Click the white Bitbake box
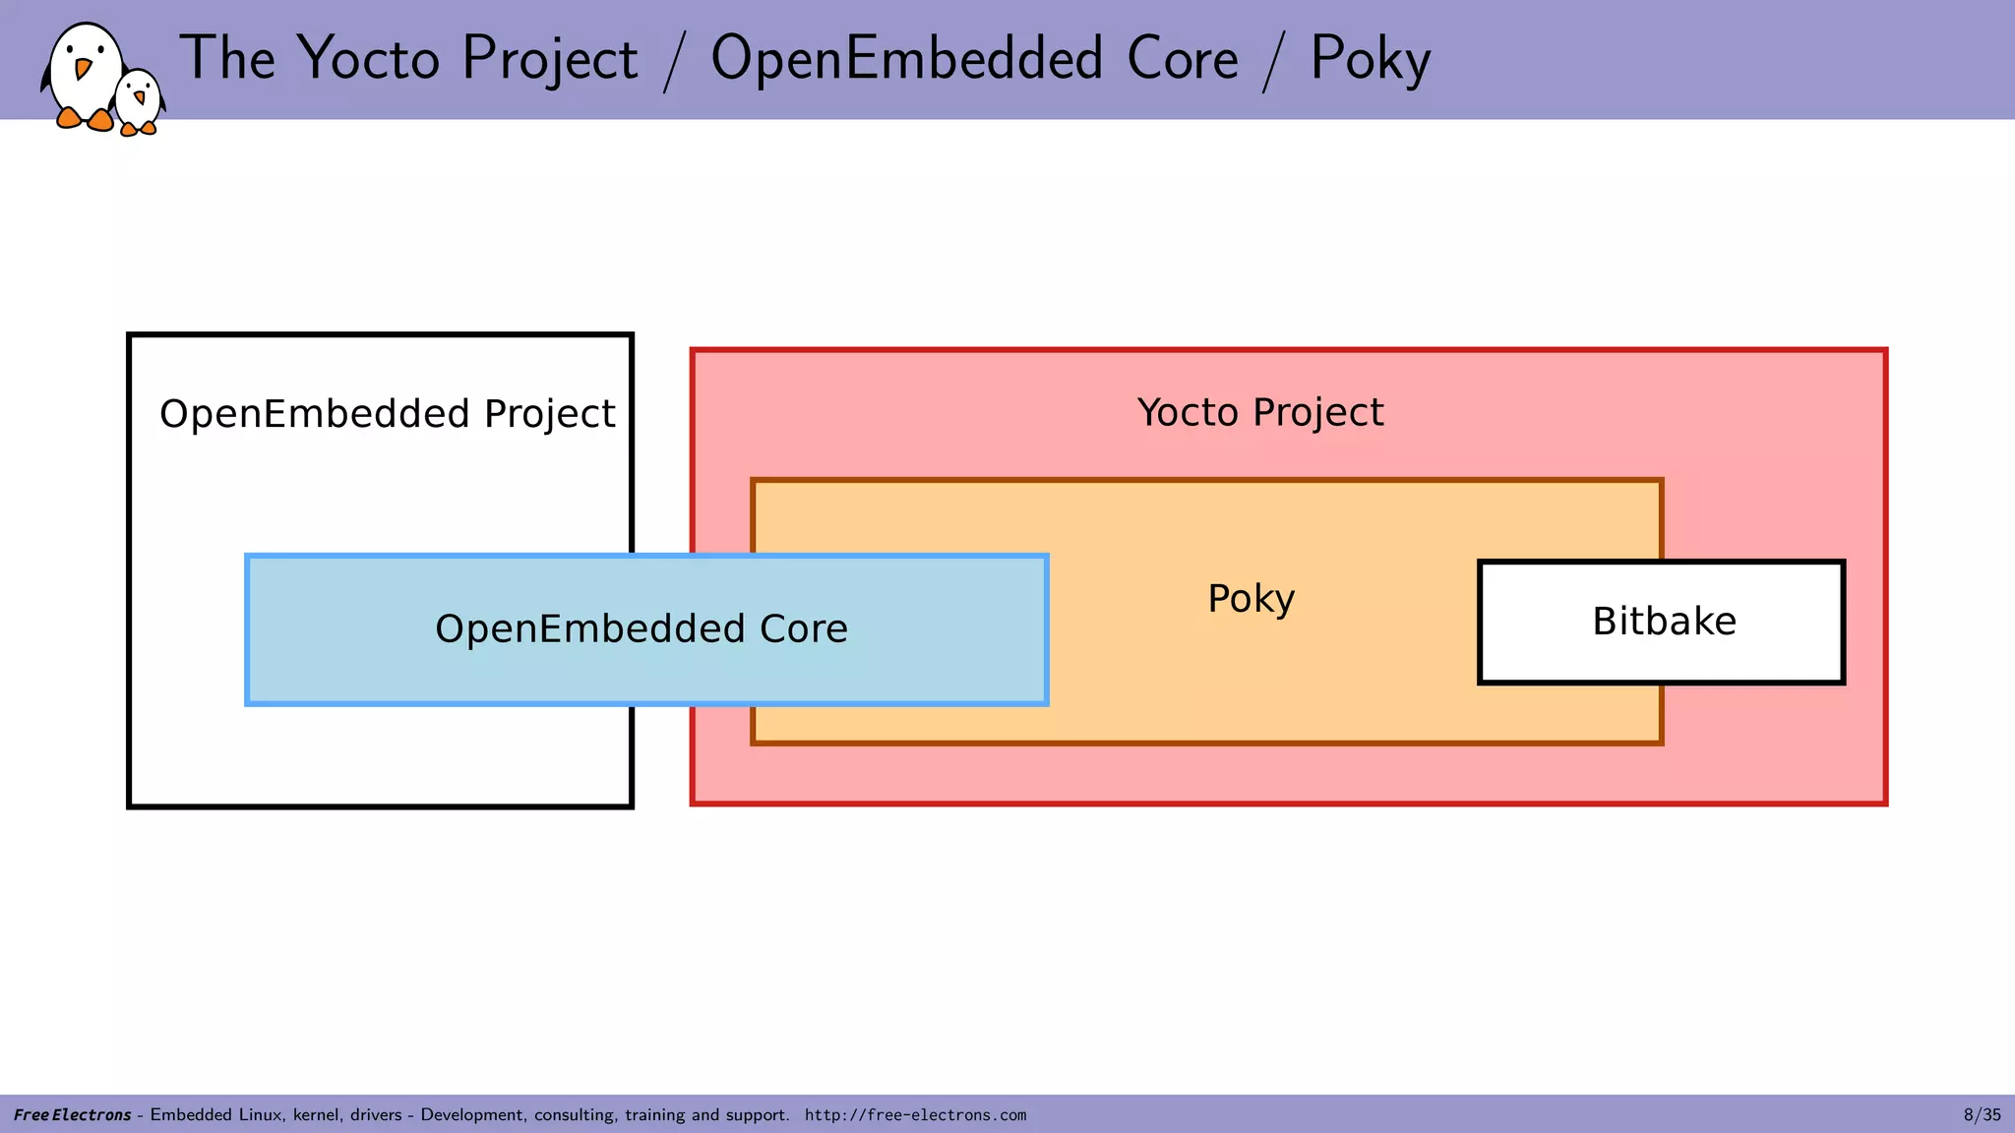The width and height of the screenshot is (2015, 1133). point(1661,622)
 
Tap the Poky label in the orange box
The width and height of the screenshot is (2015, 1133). point(1251,598)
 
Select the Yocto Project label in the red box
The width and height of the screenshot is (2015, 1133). point(1260,412)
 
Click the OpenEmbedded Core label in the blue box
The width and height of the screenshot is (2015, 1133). point(641,628)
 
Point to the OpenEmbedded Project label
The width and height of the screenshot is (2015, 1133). point(387,414)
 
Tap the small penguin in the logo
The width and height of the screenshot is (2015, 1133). point(139,101)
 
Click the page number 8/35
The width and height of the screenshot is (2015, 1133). point(1982,1114)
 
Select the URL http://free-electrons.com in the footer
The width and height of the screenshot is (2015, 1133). point(915,1114)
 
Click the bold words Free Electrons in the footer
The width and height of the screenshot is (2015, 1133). point(72,1114)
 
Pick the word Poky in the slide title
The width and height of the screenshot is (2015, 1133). point(1370,59)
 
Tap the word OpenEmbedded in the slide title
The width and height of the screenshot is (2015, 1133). point(906,59)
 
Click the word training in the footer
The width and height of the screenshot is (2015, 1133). point(654,1114)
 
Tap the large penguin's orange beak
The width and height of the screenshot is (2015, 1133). point(83,68)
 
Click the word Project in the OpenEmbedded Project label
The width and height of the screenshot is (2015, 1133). point(549,414)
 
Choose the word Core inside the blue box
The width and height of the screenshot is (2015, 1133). point(803,628)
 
